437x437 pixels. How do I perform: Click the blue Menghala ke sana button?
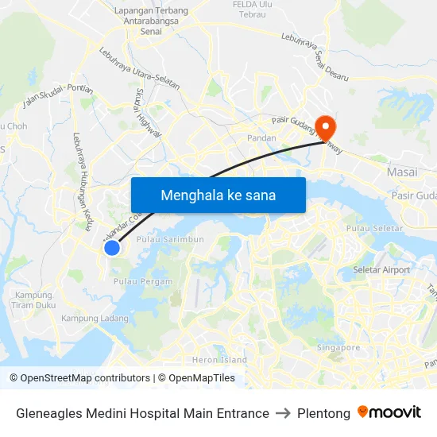click(x=218, y=195)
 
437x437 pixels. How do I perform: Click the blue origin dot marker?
click(x=112, y=248)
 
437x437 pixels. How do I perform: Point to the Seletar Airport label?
click(x=381, y=270)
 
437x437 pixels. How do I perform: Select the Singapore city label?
click(x=338, y=347)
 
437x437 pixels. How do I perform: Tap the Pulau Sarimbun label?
click(x=170, y=239)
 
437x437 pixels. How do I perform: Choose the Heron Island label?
click(x=220, y=360)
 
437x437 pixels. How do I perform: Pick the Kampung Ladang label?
click(x=95, y=318)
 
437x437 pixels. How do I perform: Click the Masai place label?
click(x=402, y=172)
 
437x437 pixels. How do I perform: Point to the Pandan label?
click(x=261, y=137)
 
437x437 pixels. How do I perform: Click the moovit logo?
click(x=389, y=412)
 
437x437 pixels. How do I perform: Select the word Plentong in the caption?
click(x=323, y=413)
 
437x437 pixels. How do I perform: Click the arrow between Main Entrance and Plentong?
click(x=283, y=413)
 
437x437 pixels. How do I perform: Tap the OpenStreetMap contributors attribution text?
click(x=80, y=378)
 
